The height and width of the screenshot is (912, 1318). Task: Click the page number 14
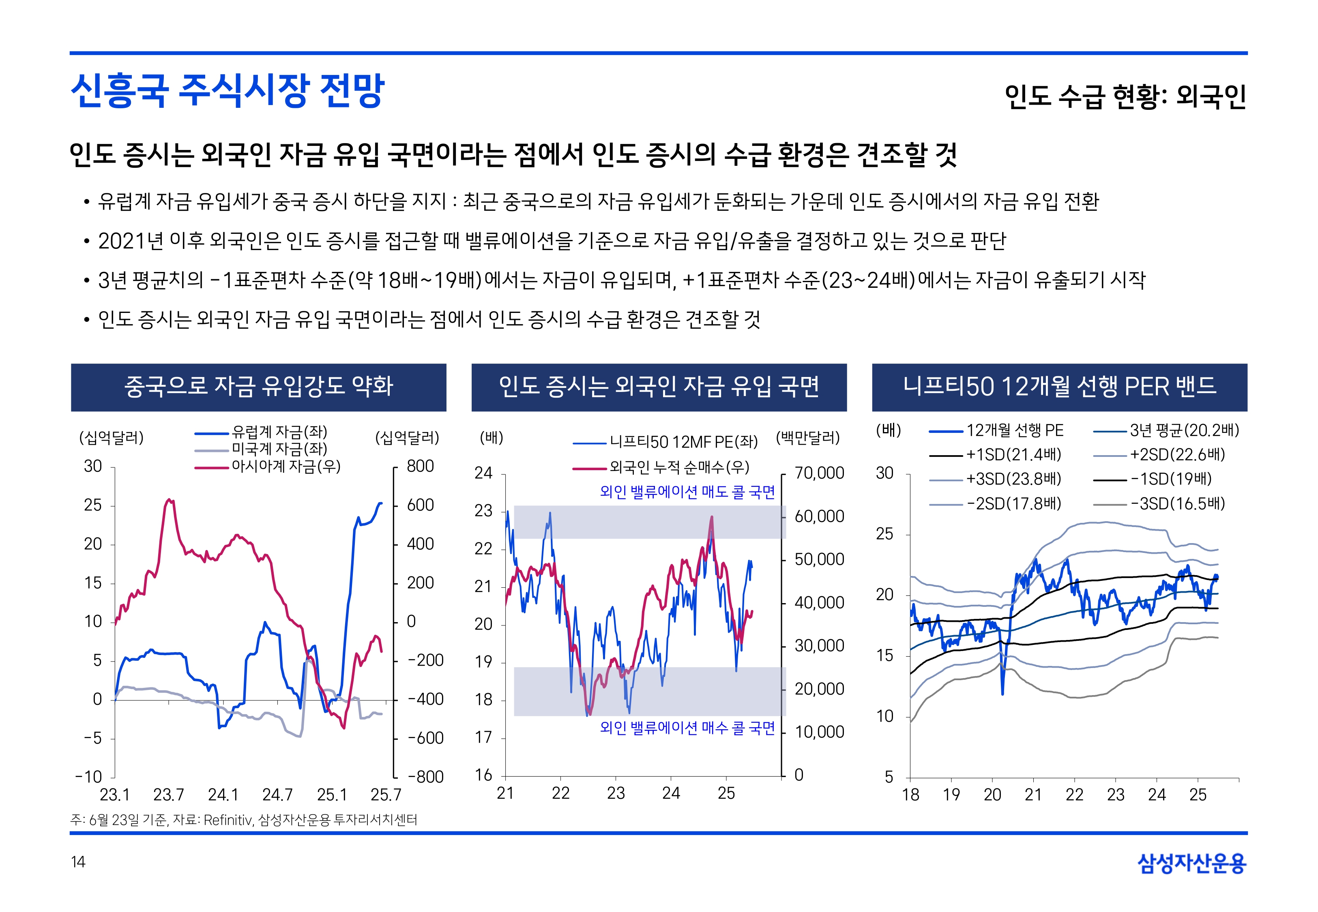click(78, 862)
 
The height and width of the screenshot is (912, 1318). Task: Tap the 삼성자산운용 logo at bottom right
click(1192, 863)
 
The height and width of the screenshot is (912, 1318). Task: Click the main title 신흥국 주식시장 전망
click(228, 90)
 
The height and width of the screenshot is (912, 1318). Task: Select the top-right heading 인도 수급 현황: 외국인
click(1125, 96)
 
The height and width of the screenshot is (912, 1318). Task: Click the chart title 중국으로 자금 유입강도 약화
click(258, 387)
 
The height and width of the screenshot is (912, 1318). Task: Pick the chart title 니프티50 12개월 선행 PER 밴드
click(1059, 387)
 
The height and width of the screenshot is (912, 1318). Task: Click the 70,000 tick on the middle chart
click(819, 473)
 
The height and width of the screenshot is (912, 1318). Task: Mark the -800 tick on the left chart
click(425, 777)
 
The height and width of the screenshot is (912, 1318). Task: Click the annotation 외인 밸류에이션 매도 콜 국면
click(687, 492)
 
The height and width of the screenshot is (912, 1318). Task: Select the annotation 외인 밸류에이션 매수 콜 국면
click(687, 728)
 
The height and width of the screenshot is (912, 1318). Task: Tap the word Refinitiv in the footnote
click(228, 820)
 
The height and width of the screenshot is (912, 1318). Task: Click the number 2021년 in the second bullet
click(131, 241)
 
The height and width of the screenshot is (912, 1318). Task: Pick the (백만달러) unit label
click(807, 438)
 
